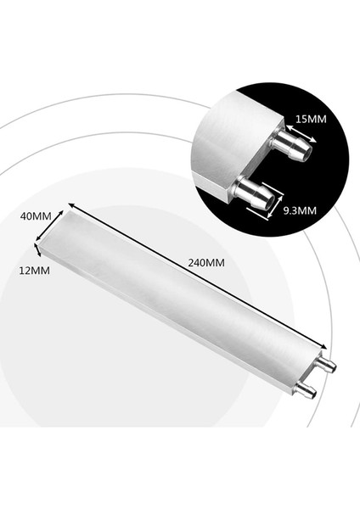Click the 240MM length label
pyautogui.click(x=206, y=263)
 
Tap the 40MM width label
pyautogui.click(x=36, y=217)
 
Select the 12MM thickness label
pyautogui.click(x=34, y=271)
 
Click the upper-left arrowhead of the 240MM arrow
pyautogui.click(x=71, y=205)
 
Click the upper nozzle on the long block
pyautogui.click(x=326, y=365)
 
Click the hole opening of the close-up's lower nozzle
pyautogui.click(x=265, y=204)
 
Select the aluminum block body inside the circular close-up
pyautogui.click(x=225, y=136)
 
